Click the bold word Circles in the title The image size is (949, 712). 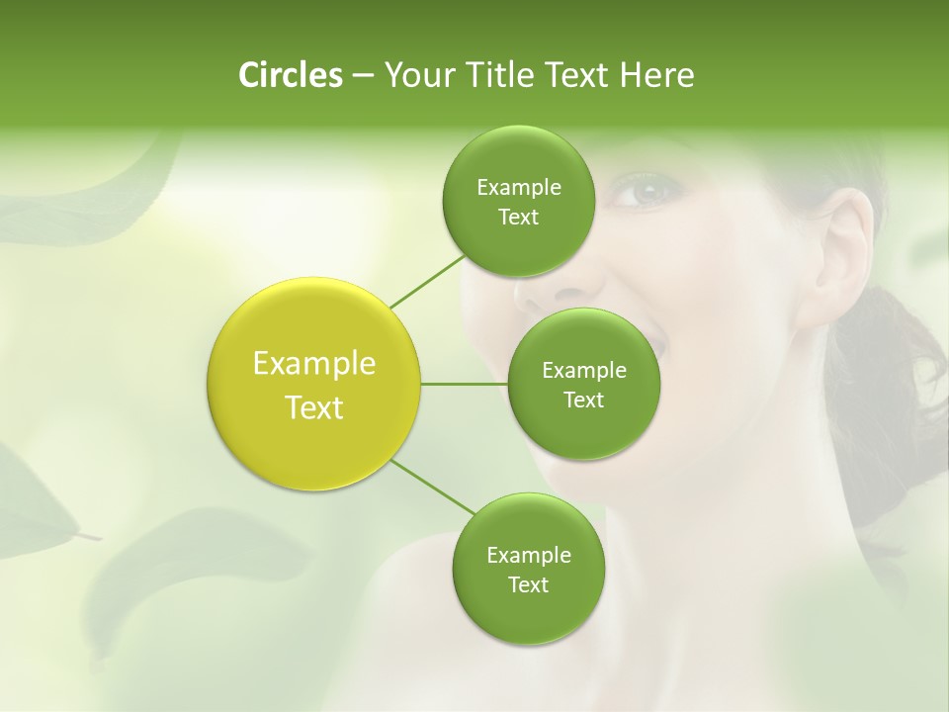tap(290, 75)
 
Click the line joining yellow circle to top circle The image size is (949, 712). tap(427, 281)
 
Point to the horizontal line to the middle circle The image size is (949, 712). tap(465, 384)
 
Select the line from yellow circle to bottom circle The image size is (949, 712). tap(433, 487)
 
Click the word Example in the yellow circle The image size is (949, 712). tap(314, 364)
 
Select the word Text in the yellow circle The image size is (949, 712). tap(314, 407)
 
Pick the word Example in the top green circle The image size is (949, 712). tap(518, 188)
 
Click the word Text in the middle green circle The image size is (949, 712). tap(583, 400)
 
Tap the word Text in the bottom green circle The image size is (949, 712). tap(528, 585)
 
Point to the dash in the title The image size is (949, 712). tap(362, 75)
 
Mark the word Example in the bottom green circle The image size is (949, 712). tap(528, 556)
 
